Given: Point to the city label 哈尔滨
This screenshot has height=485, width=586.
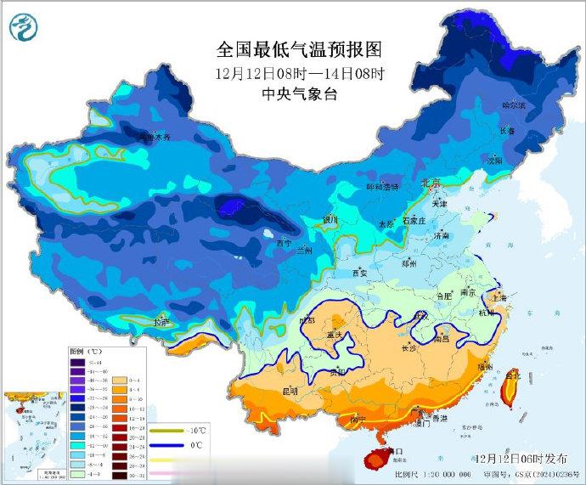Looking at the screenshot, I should click(513, 106).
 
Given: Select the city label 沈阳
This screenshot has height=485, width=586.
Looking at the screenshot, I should click(493, 160).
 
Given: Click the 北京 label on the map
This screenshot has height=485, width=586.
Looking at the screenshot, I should click(431, 183).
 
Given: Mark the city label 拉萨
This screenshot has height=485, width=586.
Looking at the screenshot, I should click(161, 322).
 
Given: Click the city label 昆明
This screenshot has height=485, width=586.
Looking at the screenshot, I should click(289, 392).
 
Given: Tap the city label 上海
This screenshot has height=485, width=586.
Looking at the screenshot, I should click(499, 298).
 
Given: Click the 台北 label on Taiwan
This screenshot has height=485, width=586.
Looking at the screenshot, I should click(512, 375).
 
